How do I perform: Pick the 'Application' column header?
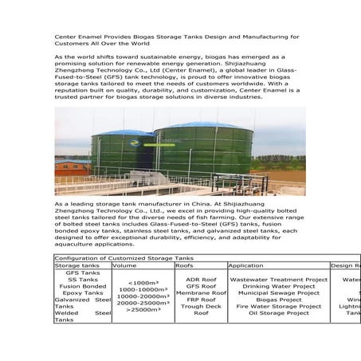click(245, 265)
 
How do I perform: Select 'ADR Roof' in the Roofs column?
click(201, 280)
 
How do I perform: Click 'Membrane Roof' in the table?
click(201, 293)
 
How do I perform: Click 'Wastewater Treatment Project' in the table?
click(279, 280)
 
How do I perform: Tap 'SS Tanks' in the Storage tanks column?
click(84, 280)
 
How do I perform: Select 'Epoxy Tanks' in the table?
click(84, 293)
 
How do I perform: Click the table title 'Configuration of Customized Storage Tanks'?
click(124, 258)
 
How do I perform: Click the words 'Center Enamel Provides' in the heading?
click(85, 37)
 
